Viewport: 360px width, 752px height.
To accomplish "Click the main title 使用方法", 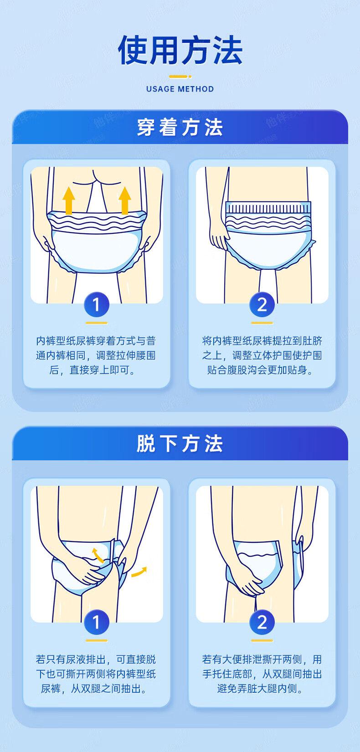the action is point(180,50).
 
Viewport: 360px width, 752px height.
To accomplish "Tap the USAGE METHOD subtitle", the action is point(180,89).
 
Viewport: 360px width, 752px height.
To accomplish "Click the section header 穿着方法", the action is point(180,127).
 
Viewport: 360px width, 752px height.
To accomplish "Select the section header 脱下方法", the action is point(180,443).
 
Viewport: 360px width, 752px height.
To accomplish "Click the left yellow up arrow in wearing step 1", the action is point(69,201).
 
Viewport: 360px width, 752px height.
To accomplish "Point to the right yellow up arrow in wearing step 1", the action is point(124,201).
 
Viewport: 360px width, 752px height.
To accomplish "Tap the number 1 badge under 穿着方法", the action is point(97,304).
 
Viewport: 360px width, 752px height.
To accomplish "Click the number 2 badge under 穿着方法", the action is point(262,304).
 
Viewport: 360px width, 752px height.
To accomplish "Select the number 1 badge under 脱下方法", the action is point(97,622).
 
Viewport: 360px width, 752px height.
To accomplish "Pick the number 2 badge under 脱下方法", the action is point(262,622).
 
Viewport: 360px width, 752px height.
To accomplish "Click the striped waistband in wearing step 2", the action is point(268,207).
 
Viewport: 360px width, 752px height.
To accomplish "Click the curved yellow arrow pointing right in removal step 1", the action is point(139,572).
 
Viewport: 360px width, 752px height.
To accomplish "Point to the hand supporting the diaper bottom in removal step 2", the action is point(248,579).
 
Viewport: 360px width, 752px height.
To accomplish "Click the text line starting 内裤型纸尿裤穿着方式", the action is point(96,341).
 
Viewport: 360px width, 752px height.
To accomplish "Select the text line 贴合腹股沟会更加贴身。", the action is point(260,370).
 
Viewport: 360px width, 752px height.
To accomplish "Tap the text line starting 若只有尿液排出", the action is point(96,659).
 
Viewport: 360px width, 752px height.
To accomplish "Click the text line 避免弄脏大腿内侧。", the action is point(260,689).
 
